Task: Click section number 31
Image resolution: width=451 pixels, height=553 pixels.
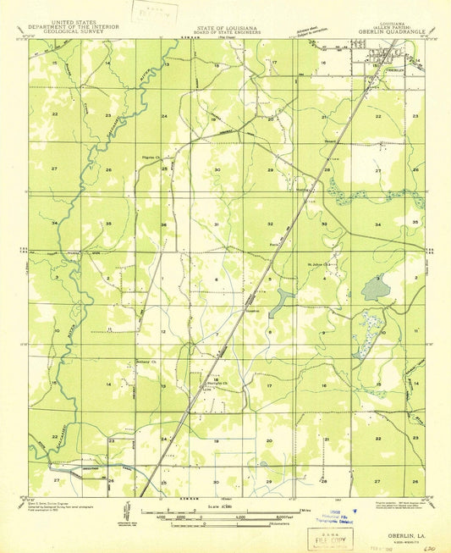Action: tap(217, 224)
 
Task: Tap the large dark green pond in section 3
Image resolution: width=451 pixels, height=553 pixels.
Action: tap(375, 289)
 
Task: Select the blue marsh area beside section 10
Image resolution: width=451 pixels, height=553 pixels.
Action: tap(367, 326)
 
